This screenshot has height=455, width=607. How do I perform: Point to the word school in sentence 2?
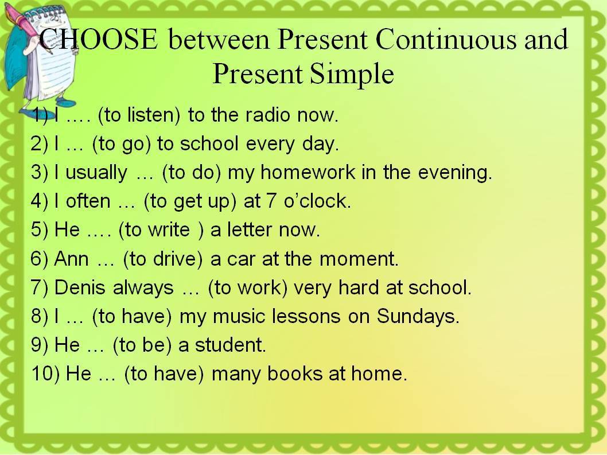pos(209,143)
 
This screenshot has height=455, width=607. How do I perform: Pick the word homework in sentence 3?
pos(308,172)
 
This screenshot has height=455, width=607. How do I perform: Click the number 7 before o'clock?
pos(271,201)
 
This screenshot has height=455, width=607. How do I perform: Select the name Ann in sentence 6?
pos(72,259)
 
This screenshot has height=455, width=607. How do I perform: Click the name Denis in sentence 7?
pos(80,287)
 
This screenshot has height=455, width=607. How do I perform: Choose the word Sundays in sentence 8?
pos(417,317)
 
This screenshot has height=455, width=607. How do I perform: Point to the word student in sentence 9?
pos(230,345)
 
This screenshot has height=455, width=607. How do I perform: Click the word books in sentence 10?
pos(294,374)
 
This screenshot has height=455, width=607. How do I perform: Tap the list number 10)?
pos(45,374)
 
